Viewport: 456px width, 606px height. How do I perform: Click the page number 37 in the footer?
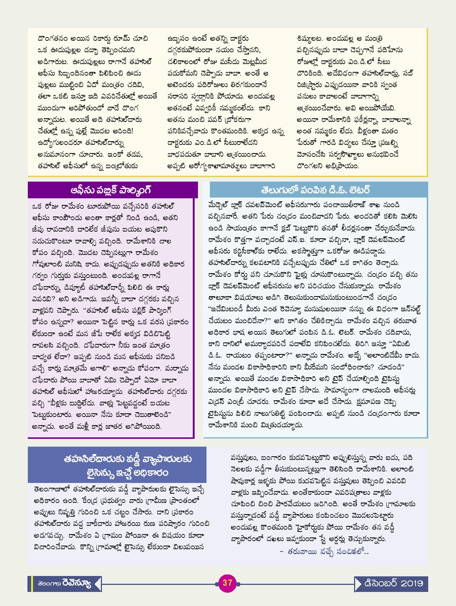(x=227, y=583)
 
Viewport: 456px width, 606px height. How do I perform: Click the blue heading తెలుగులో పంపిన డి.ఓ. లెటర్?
(x=315, y=190)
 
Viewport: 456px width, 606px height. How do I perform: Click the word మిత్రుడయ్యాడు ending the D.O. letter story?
(x=282, y=425)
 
